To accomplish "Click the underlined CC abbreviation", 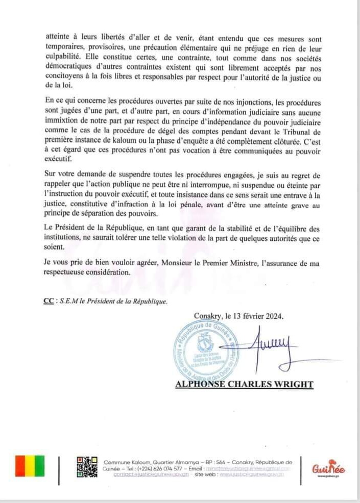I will (49, 301).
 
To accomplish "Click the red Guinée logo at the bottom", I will (328, 467).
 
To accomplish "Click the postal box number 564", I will (217, 461).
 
